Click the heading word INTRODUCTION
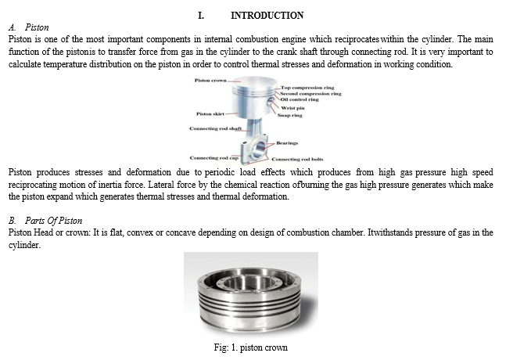267,15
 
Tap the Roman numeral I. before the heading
201,15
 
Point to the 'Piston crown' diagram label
208,81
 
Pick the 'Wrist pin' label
292,108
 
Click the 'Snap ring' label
291,114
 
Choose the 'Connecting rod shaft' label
211,128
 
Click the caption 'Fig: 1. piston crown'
252,347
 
